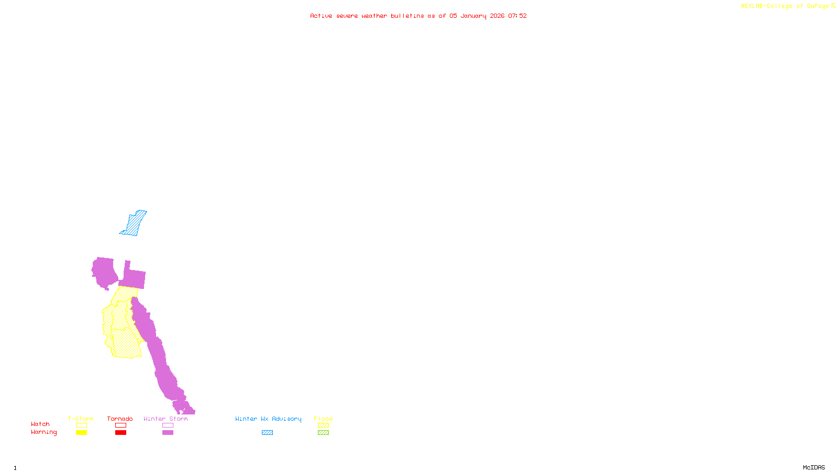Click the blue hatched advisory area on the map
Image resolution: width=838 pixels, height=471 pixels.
tap(134, 224)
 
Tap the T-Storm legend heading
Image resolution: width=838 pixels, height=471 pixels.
tap(81, 419)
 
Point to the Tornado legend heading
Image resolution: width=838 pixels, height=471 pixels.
tap(120, 419)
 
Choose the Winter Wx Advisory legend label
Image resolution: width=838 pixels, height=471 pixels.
tap(268, 419)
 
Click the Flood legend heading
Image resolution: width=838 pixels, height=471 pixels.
tap(323, 419)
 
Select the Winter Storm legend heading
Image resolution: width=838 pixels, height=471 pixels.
tap(166, 419)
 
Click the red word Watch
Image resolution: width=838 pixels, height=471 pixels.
tap(40, 424)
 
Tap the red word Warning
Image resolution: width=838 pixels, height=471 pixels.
tap(43, 432)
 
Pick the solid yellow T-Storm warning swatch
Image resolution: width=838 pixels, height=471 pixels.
tap(81, 433)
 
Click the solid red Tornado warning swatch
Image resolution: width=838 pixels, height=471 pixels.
tap(120, 433)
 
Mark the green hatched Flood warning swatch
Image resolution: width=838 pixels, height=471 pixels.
tap(323, 433)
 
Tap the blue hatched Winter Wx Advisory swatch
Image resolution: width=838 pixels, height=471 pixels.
tap(267, 433)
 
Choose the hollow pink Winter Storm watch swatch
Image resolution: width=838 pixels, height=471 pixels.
tap(168, 425)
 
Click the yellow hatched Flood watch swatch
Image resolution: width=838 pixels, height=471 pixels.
tap(323, 425)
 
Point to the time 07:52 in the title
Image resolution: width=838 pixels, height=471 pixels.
tap(517, 16)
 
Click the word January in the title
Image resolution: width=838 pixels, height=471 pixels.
tap(473, 16)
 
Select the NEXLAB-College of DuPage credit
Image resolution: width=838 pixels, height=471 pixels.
tap(785, 6)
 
